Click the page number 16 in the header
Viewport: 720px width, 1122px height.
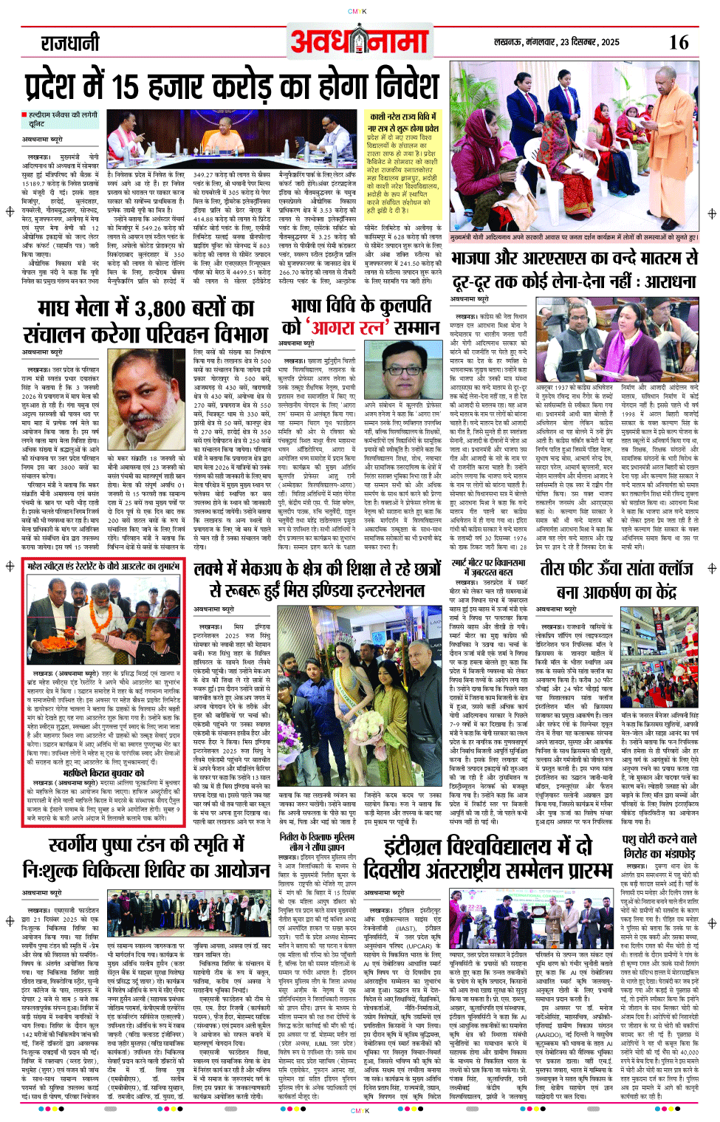678,42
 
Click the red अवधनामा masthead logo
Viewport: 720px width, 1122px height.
360,41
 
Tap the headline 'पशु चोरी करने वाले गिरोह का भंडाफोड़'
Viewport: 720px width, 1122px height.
659,846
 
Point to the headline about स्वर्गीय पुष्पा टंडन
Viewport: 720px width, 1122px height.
145,858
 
